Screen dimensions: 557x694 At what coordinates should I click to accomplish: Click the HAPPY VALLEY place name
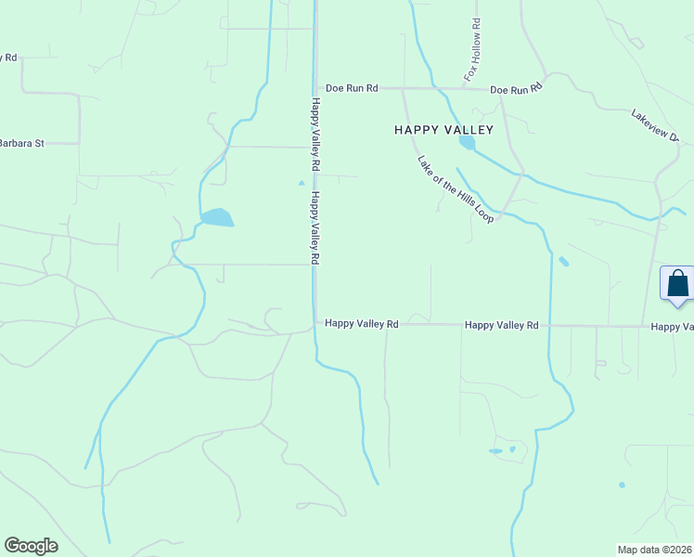436,131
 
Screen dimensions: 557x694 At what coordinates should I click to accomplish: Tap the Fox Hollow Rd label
473,49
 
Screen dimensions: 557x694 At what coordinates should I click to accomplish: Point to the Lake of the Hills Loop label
455,188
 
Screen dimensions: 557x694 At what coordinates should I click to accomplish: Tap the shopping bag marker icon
677,283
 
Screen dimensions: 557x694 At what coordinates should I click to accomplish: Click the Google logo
31,546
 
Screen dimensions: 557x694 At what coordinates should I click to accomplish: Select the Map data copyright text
655,549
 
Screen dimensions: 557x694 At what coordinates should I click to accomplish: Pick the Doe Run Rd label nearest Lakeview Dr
516,89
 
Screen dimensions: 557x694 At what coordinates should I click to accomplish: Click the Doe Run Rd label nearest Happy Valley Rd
352,88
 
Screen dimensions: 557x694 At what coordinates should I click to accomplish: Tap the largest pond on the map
217,217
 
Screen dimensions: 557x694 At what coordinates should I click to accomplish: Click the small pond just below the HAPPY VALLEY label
467,143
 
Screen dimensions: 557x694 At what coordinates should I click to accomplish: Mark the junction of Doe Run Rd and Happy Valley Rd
315,88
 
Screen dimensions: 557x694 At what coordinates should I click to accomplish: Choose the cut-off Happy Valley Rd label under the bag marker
672,327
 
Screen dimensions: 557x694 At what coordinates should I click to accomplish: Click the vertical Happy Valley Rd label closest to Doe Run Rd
316,134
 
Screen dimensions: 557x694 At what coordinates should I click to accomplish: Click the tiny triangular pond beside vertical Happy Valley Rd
301,183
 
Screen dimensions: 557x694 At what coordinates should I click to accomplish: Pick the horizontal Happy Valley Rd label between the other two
501,325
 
